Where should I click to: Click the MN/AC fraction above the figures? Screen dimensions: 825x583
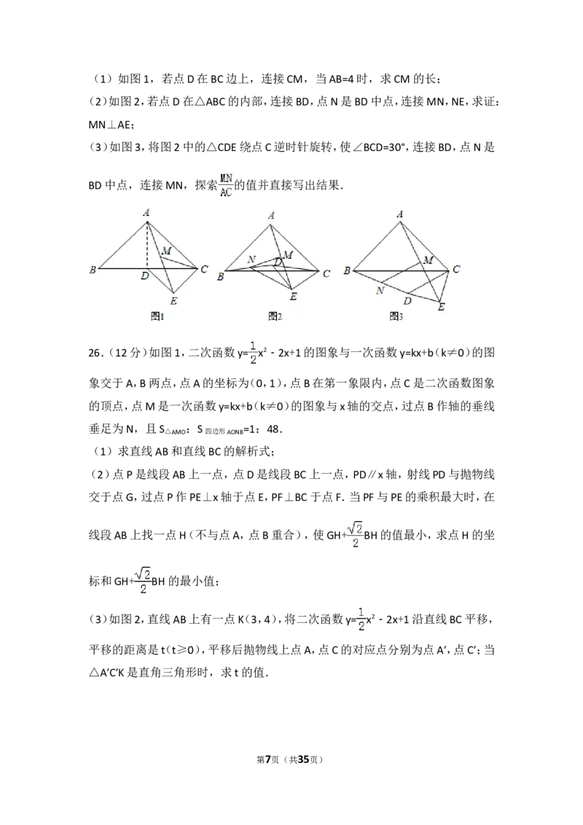pyautogui.click(x=227, y=184)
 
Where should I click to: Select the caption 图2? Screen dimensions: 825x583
pyautogui.click(x=275, y=316)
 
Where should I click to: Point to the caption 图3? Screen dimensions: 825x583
pyautogui.click(x=396, y=316)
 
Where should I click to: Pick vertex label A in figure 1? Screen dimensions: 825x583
pyautogui.click(x=146, y=212)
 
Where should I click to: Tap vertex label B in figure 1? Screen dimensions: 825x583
pyautogui.click(x=93, y=270)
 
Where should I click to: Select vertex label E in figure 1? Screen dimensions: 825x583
pyautogui.click(x=173, y=300)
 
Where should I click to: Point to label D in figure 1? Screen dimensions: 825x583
pyautogui.click(x=145, y=277)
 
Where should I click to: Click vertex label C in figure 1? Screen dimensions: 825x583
pyautogui.click(x=204, y=270)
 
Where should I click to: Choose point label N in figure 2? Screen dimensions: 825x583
pyautogui.click(x=251, y=259)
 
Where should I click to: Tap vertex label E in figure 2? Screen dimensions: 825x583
pyautogui.click(x=293, y=297)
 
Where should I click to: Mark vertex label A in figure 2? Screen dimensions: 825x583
pyautogui.click(x=271, y=215)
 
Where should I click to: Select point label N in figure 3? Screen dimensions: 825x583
pyautogui.click(x=380, y=290)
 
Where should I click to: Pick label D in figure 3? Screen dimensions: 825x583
pyautogui.click(x=408, y=300)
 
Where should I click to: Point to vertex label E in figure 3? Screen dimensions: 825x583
pyautogui.click(x=441, y=308)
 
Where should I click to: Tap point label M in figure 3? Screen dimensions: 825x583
pyautogui.click(x=428, y=260)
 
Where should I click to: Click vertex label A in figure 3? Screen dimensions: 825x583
pyautogui.click(x=400, y=214)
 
